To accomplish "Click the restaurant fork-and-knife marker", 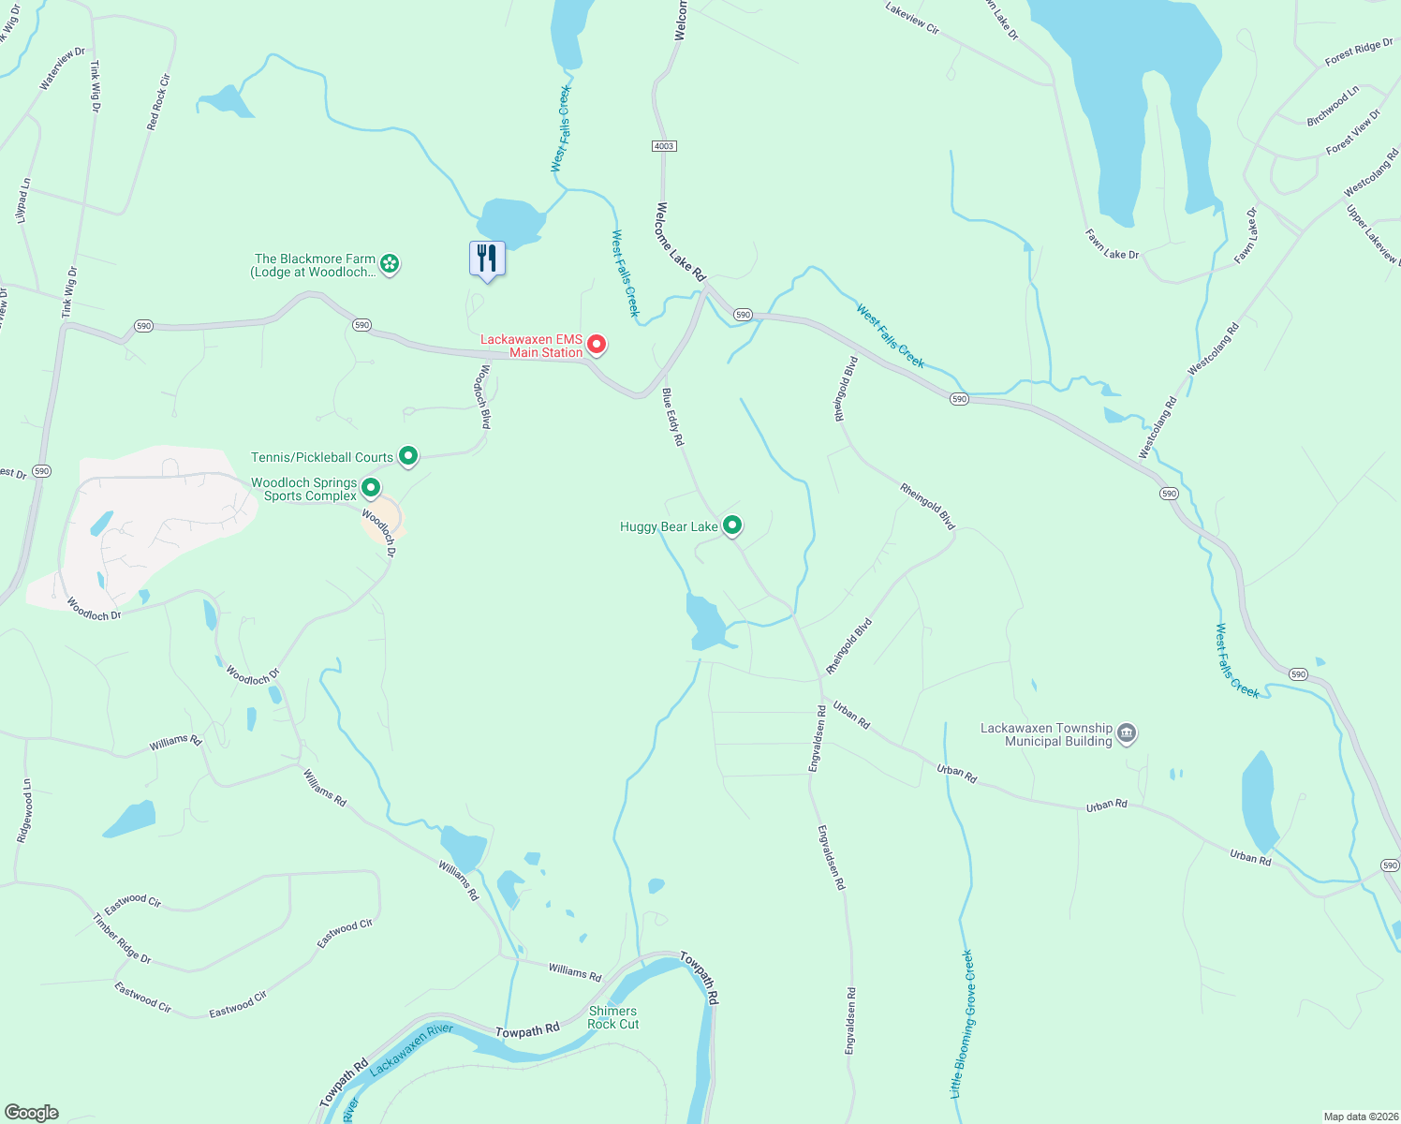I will coord(487,259).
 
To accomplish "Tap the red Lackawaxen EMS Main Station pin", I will coord(596,346).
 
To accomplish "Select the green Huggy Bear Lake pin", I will coord(732,525).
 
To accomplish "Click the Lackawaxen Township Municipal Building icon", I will coord(1127,733).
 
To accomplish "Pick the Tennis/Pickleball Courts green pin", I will coord(408,456).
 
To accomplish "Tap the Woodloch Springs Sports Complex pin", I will coord(371,488).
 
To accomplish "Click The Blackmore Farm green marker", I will coord(391,264).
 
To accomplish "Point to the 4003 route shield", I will coord(663,146).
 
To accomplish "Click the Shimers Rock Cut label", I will coord(613,1017).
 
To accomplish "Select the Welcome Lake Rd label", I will coord(681,242).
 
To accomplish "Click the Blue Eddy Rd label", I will coord(673,417).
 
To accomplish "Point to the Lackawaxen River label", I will coord(411,1049).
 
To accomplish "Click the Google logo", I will coord(31,1113).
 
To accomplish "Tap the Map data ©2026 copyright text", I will coord(1359,1117).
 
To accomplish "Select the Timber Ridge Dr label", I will coord(122,939).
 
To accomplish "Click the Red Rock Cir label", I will coord(159,101).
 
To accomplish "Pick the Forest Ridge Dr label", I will coord(1359,52).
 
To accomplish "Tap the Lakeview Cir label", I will coord(912,18).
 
